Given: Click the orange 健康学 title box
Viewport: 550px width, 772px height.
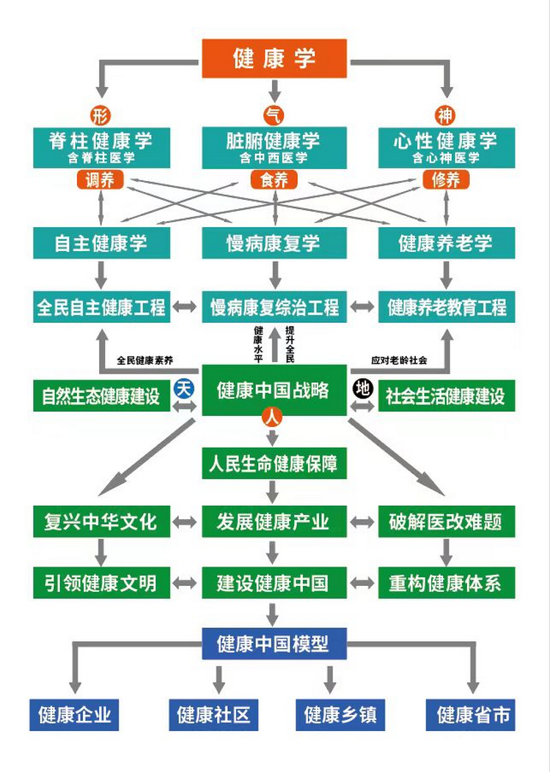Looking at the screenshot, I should pos(274,58).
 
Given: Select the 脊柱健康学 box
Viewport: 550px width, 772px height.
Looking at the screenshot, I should pos(101,147).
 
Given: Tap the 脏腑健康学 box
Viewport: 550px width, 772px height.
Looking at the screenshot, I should pos(274,147).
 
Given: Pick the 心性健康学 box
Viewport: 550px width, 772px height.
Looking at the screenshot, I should pos(447,147).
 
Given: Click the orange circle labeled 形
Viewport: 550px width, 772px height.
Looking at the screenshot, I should pos(100,115).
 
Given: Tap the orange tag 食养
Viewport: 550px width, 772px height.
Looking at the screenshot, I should pos(274,180).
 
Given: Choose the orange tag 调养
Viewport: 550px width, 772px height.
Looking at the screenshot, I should pos(100,180).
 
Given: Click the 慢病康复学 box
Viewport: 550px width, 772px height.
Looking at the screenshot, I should pos(274,243).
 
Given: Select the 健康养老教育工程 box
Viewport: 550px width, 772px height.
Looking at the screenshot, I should pos(447,307).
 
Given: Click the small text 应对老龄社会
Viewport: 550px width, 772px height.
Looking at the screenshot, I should pos(400,360).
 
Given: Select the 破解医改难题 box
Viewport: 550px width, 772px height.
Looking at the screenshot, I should pos(447,522).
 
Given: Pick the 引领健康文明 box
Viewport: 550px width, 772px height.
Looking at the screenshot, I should pos(101,583).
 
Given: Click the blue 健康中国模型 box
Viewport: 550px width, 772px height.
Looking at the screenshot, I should pos(274,644).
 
